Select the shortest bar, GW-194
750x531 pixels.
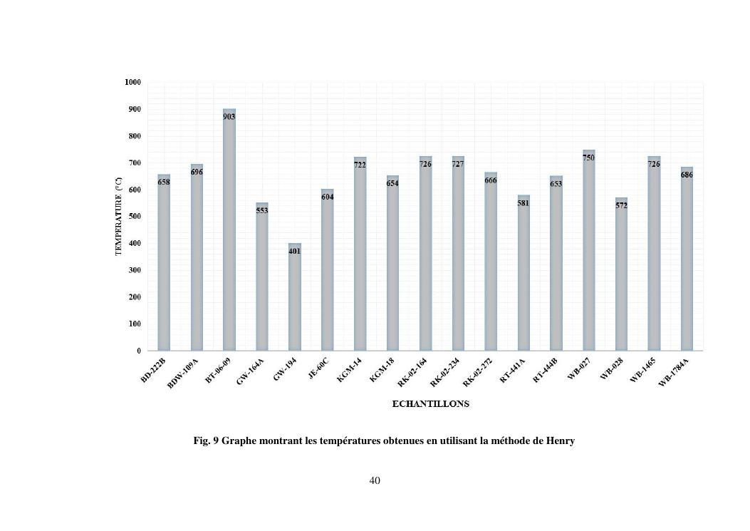(x=294, y=299)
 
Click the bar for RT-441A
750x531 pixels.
(x=524, y=278)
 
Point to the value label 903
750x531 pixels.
(x=229, y=116)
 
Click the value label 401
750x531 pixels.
(x=294, y=251)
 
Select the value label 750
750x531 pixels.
(x=588, y=158)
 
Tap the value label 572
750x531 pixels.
(x=621, y=205)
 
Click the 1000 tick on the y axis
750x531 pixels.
(x=133, y=83)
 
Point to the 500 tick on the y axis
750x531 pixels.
(x=135, y=217)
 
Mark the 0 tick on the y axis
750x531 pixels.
(x=138, y=351)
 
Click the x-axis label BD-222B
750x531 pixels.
(x=153, y=371)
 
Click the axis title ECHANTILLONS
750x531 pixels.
(x=430, y=404)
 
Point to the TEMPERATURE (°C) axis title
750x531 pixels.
(x=119, y=217)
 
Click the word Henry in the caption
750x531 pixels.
(x=560, y=441)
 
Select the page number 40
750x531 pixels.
(x=375, y=481)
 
